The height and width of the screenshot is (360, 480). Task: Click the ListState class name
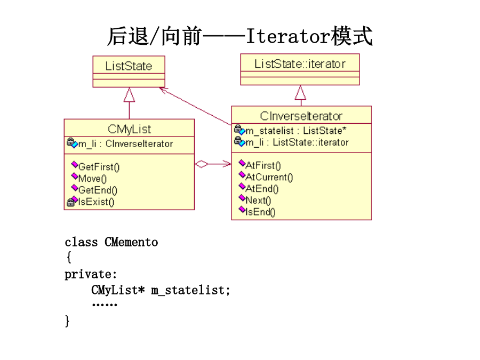pyautogui.click(x=129, y=66)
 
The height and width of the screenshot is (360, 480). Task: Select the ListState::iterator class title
pyautogui.click(x=300, y=64)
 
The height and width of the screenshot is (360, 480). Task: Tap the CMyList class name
pyautogui.click(x=129, y=129)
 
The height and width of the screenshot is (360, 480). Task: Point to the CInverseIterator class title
pyautogui.click(x=301, y=116)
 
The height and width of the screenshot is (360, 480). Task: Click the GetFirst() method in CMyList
pyautogui.click(x=99, y=167)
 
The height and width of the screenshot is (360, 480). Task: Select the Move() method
pyautogui.click(x=92, y=179)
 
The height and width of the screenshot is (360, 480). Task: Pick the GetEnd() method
pyautogui.click(x=98, y=190)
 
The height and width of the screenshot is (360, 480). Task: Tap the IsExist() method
pyautogui.click(x=96, y=202)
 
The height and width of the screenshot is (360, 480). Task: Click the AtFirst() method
pyautogui.click(x=263, y=165)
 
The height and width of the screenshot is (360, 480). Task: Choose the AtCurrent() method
pyautogui.click(x=269, y=177)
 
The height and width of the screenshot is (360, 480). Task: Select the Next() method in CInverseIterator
pyautogui.click(x=258, y=200)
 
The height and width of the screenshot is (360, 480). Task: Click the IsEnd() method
pyautogui.click(x=260, y=212)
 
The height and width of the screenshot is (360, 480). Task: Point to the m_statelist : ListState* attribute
pyautogui.click(x=295, y=131)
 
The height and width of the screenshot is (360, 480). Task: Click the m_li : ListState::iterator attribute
pyautogui.click(x=297, y=142)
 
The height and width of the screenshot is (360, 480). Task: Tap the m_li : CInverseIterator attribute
pyautogui.click(x=125, y=143)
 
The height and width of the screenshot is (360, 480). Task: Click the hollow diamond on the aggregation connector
pyautogui.click(x=202, y=164)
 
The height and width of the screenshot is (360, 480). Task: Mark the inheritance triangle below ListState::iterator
pyautogui.click(x=300, y=93)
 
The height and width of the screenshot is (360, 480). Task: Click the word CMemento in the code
pyautogui.click(x=131, y=242)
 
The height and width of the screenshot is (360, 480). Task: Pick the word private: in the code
pyautogui.click(x=91, y=274)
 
